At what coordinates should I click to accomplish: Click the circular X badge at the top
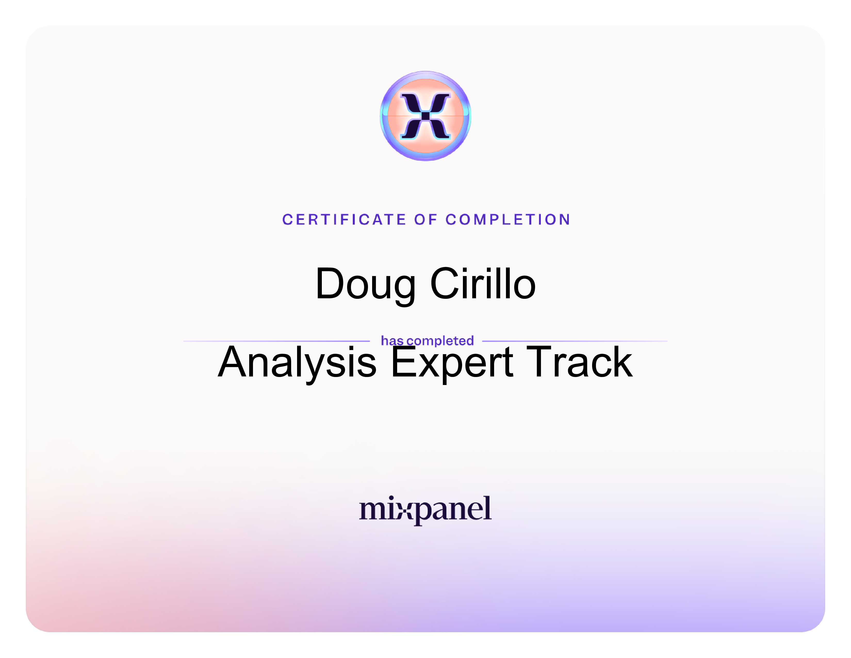pos(425,116)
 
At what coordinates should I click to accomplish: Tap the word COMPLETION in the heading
pos(508,220)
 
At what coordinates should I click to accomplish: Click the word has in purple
pos(392,341)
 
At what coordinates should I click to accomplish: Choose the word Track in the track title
pos(579,362)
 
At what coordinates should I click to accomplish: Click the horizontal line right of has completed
pos(575,341)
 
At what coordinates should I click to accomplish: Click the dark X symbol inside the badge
pos(425,116)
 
